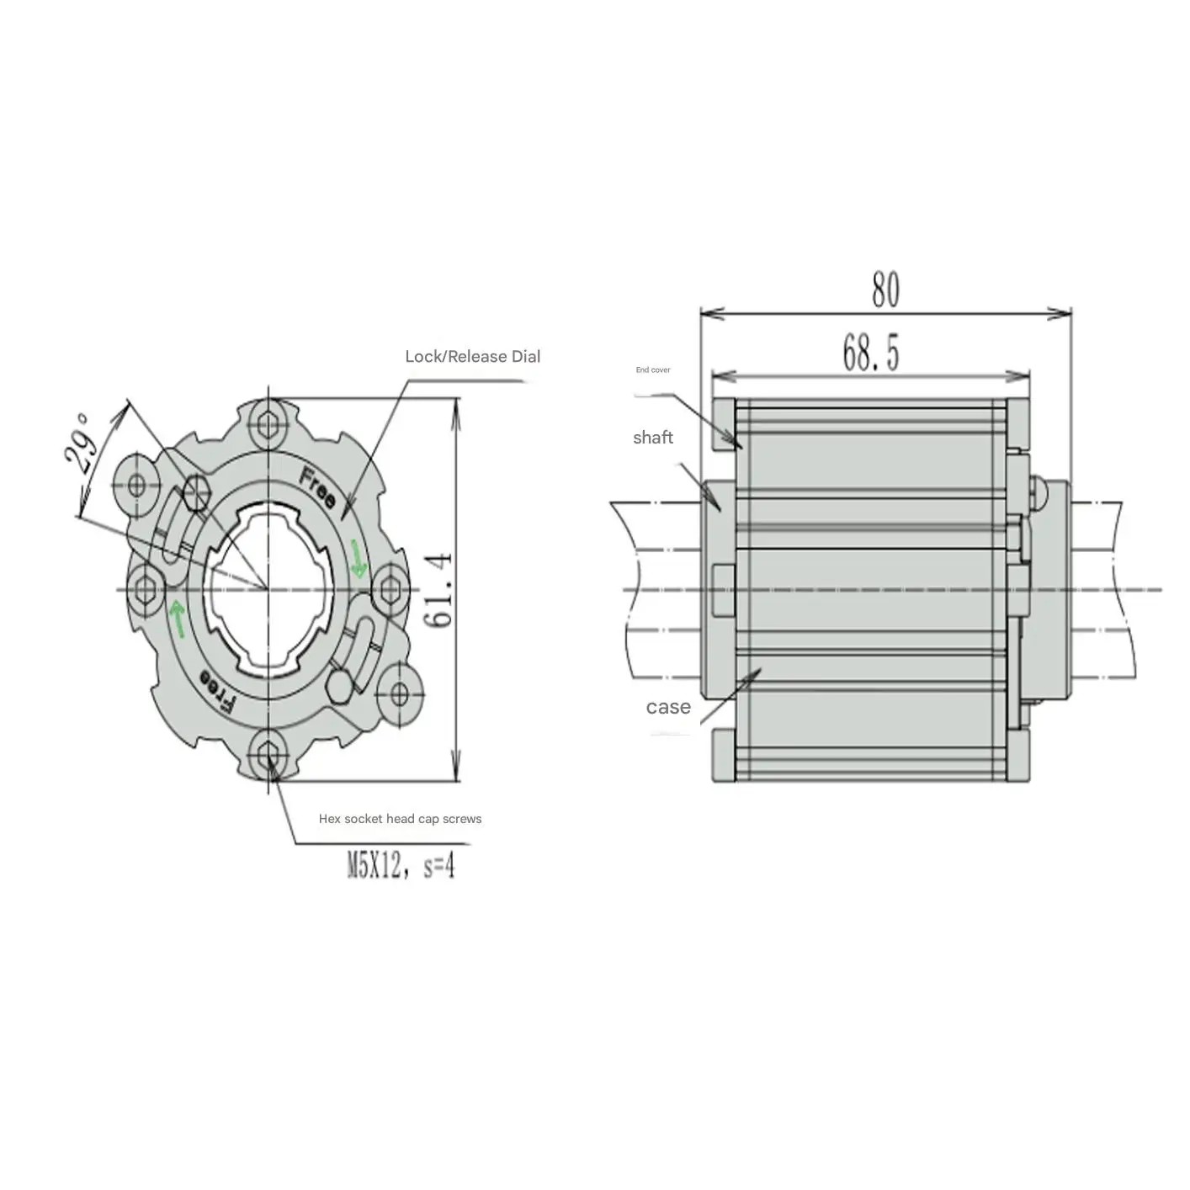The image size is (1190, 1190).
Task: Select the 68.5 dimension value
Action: (871, 353)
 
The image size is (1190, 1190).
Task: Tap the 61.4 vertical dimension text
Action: (438, 589)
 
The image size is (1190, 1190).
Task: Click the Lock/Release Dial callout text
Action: (472, 356)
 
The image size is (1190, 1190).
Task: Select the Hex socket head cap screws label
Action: (400, 819)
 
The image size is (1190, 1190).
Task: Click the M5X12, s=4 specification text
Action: (401, 865)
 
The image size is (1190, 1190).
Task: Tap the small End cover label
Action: (653, 370)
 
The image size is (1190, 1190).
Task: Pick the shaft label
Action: (653, 437)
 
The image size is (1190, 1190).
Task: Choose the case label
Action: (668, 707)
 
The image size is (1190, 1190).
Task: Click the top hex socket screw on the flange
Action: (268, 424)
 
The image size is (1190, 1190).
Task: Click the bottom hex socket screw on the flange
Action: (268, 754)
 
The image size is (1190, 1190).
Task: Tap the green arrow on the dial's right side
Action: (359, 560)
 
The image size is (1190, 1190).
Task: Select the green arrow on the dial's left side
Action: (178, 617)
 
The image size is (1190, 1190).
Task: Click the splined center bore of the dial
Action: (268, 588)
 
